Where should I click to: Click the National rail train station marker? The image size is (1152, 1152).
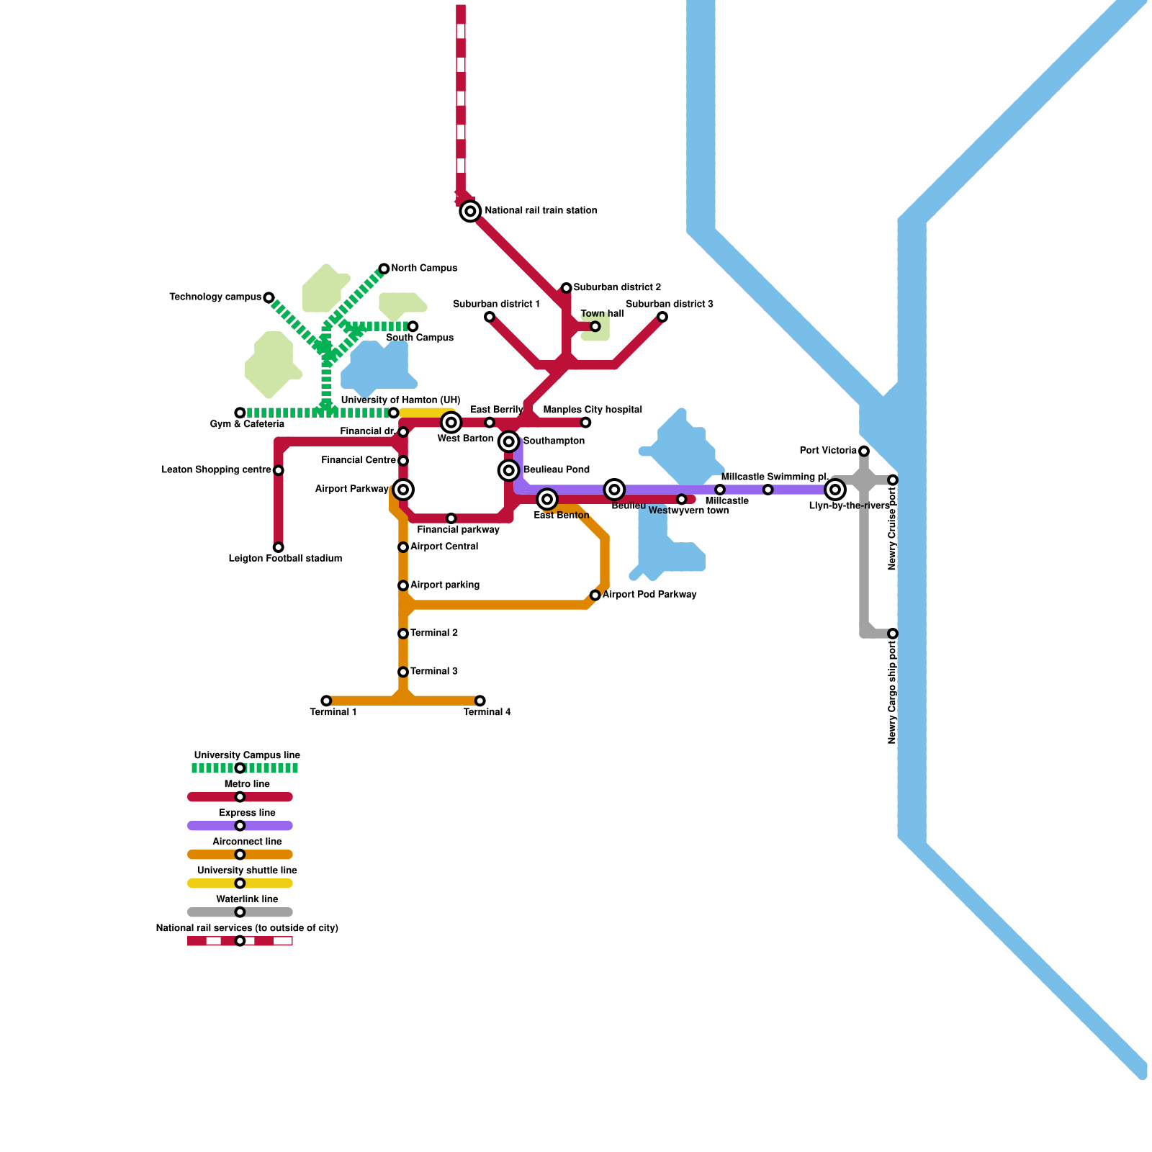[470, 211]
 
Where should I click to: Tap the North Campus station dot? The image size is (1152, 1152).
[384, 269]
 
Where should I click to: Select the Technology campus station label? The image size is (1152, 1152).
[215, 297]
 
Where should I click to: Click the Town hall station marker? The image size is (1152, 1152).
[595, 327]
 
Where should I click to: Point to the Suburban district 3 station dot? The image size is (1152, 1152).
[662, 317]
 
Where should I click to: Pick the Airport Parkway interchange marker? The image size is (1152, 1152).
[403, 490]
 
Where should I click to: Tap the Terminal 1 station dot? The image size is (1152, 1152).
[326, 701]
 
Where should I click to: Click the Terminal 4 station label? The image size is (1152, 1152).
[487, 713]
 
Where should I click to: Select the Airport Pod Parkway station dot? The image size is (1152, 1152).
[595, 595]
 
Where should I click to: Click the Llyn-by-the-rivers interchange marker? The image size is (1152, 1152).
[834, 490]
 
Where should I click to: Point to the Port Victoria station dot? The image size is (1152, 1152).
[863, 451]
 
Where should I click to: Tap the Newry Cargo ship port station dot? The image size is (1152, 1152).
[892, 634]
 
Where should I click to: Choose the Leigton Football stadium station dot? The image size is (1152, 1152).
[278, 547]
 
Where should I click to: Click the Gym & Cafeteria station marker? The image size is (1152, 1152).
[240, 413]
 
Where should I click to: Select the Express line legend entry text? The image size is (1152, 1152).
[247, 813]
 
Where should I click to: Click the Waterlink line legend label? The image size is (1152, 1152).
[247, 899]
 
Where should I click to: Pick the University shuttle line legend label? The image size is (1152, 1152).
[247, 870]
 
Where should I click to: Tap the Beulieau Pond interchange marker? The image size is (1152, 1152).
[509, 470]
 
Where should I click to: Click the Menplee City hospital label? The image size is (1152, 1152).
[593, 410]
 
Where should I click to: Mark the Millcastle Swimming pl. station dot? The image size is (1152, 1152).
[768, 490]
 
